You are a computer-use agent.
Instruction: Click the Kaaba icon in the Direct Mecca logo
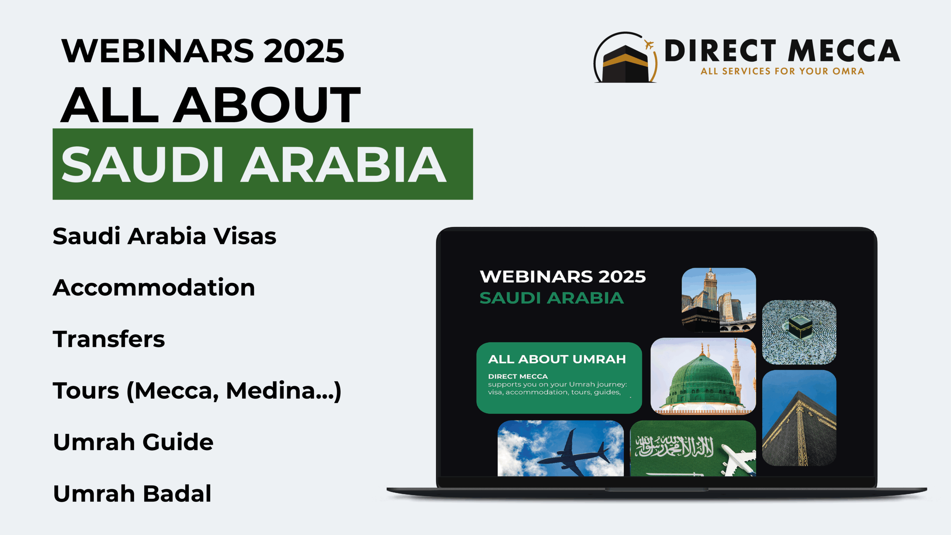[625, 64]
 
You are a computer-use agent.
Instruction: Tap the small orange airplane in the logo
[649, 45]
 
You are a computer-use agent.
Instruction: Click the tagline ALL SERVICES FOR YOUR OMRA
[782, 71]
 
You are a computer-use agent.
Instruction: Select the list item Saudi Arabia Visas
[165, 236]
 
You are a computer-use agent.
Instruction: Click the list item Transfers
[109, 339]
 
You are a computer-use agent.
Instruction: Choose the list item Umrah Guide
[133, 442]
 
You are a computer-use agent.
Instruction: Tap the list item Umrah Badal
[132, 493]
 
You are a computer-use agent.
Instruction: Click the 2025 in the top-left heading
[304, 51]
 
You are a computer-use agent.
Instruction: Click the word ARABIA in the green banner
[343, 164]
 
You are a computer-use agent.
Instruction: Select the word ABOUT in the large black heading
[267, 105]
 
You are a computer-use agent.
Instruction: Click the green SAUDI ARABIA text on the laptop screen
[552, 298]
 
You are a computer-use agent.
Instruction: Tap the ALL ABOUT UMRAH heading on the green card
[557, 359]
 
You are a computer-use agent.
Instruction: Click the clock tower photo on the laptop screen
[719, 300]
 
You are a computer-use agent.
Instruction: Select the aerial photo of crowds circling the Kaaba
[799, 332]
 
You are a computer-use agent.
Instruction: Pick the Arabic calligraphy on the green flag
[675, 446]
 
